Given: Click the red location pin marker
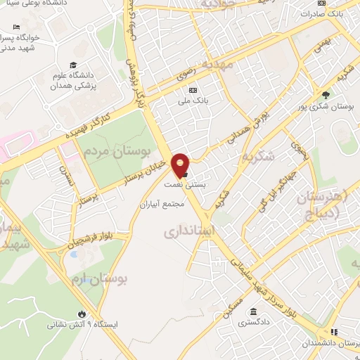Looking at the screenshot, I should [181, 165].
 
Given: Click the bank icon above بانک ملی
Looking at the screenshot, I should [193, 90].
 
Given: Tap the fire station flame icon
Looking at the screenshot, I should [82, 314].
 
